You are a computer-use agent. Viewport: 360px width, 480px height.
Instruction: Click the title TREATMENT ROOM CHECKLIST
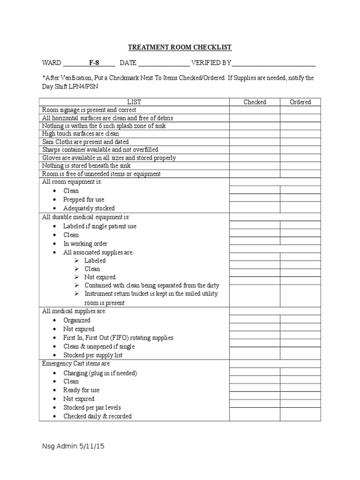click(x=180, y=47)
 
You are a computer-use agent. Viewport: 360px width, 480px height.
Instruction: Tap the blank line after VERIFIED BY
click(x=274, y=63)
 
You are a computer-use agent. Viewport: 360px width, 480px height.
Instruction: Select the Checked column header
click(x=255, y=102)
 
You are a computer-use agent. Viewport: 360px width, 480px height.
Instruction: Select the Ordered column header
click(x=300, y=102)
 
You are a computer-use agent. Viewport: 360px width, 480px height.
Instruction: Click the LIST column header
click(x=134, y=102)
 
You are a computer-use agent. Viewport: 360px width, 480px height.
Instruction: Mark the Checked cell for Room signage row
click(x=255, y=110)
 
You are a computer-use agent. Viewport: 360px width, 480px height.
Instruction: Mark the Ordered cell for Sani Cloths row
click(x=300, y=142)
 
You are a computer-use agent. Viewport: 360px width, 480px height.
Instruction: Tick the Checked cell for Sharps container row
click(x=255, y=150)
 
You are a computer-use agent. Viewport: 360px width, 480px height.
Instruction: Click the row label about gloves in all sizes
click(x=109, y=158)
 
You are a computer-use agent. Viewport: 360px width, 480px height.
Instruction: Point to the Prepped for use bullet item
click(x=84, y=200)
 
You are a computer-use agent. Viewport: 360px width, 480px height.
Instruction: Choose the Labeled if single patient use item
click(x=100, y=226)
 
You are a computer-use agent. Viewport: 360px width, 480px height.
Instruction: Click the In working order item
click(x=85, y=244)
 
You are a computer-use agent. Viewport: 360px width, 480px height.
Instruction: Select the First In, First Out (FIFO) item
click(x=118, y=337)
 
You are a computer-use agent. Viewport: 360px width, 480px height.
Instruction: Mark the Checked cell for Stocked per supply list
click(x=255, y=355)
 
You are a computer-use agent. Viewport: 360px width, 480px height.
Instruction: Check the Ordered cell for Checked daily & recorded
click(x=300, y=416)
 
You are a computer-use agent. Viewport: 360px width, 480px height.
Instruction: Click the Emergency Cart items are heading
click(x=76, y=363)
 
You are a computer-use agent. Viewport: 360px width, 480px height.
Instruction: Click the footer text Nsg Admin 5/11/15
click(x=73, y=447)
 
